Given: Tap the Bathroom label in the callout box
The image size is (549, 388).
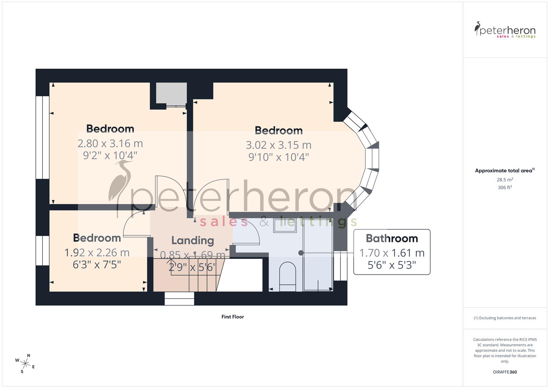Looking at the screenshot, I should point(392,239).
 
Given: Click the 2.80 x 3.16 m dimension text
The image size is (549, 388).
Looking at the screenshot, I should point(110,143).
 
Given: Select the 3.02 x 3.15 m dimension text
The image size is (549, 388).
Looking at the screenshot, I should point(278,145).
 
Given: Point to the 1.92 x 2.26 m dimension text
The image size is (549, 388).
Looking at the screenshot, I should point(97,253).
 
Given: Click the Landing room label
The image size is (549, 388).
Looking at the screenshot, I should point(192,240).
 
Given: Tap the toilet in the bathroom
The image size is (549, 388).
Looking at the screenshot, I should point(287,276).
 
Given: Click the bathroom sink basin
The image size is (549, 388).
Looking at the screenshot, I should point(285,225).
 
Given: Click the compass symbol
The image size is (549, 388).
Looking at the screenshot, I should point(25,364).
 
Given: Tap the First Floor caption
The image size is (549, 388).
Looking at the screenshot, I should point(233,317).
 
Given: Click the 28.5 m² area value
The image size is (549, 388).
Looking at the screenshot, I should point(505,180).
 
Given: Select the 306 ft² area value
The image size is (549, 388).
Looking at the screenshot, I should point(505,188).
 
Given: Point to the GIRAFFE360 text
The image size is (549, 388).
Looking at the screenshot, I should point(505,372).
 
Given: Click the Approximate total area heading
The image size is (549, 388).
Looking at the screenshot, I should point(504,171).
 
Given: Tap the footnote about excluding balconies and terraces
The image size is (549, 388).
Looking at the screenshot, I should point(505,318).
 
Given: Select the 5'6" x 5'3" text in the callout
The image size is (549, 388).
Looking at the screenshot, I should point(392,265).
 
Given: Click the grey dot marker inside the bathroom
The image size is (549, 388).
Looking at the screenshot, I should point(301,253).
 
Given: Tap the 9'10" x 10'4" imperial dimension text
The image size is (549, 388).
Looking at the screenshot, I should point(278,157).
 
